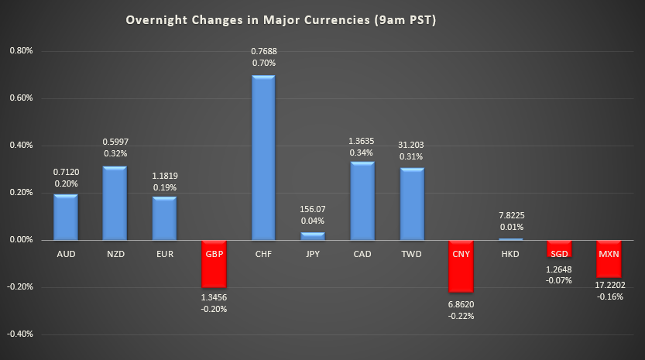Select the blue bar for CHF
[x=263, y=158]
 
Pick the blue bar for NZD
[x=115, y=203]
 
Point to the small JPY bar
[x=313, y=235]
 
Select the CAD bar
[x=362, y=201]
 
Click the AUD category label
[x=65, y=253]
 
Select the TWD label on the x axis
[x=412, y=253]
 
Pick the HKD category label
[x=511, y=253]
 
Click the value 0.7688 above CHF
[x=263, y=51]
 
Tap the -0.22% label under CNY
[x=461, y=316]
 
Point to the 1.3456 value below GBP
[x=214, y=297]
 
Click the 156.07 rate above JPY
[x=313, y=209]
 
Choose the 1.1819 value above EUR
[x=164, y=173]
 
